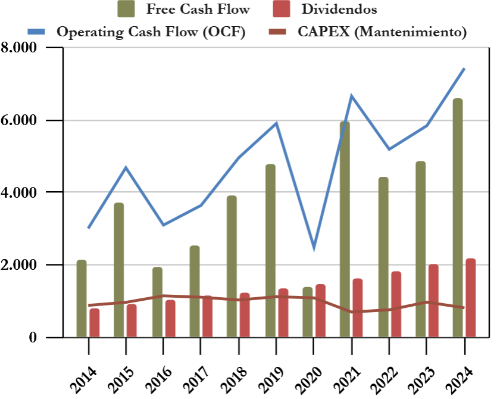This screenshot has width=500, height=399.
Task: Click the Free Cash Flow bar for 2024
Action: pyautogui.click(x=458, y=218)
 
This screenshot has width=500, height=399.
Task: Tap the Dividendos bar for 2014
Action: pyautogui.click(x=95, y=323)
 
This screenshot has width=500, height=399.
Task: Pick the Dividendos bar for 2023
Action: pyautogui.click(x=433, y=301)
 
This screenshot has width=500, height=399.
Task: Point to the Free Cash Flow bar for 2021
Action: pyautogui.click(x=345, y=230)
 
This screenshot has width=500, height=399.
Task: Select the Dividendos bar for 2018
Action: pyautogui.click(x=245, y=315)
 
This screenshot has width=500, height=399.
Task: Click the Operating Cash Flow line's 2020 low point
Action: pyautogui.click(x=314, y=248)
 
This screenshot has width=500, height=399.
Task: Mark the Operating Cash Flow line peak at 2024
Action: pyautogui.click(x=464, y=68)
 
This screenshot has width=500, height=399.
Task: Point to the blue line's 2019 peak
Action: pyautogui.click(x=276, y=123)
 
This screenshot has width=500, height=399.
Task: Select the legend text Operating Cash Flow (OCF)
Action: pyautogui.click(x=151, y=32)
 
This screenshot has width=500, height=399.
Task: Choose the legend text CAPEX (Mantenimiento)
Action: pyautogui.click(x=382, y=32)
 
